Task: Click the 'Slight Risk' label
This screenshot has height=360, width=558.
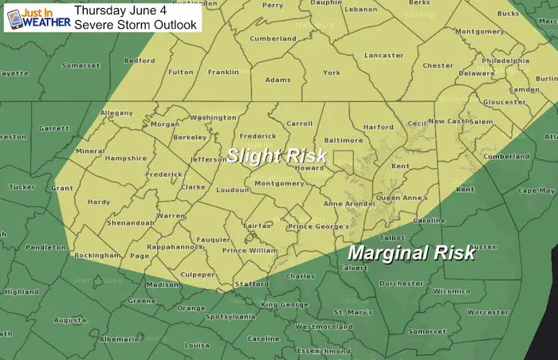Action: click(x=277, y=156)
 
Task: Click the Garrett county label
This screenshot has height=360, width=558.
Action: click(x=54, y=128)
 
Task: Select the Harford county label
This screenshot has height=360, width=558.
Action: click(x=378, y=127)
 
